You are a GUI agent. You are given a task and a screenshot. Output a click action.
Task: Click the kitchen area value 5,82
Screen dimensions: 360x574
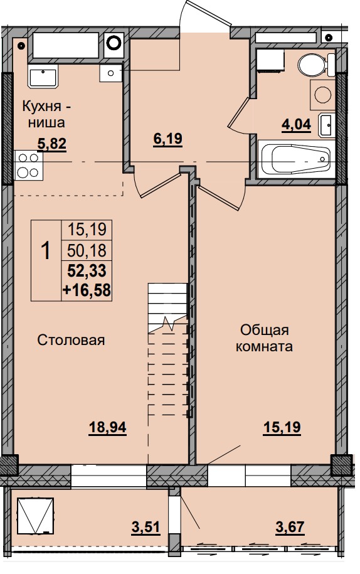click(x=52, y=144)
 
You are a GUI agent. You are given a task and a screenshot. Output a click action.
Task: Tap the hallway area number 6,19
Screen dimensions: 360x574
click(x=168, y=139)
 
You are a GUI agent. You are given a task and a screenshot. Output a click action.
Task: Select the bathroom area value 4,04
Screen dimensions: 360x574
click(x=296, y=124)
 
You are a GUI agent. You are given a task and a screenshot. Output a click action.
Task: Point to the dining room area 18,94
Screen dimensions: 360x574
click(x=108, y=427)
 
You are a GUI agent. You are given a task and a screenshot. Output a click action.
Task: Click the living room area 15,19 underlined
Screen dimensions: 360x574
click(x=282, y=427)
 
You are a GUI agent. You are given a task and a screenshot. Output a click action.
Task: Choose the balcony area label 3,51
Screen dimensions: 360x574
click(x=146, y=527)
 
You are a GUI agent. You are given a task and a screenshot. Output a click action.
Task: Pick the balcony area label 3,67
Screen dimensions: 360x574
click(x=290, y=527)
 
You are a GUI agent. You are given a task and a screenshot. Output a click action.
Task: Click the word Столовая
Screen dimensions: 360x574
click(x=71, y=340)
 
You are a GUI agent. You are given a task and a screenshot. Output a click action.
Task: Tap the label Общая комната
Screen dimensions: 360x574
click(x=264, y=338)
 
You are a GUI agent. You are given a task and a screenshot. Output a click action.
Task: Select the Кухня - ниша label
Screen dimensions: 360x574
click(x=46, y=114)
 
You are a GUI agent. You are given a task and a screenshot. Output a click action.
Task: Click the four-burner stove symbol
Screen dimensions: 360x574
click(x=29, y=165)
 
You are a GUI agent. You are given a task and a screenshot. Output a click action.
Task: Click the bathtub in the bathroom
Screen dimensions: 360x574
click(x=296, y=159)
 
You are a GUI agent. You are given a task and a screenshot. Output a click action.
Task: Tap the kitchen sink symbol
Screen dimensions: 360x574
click(x=43, y=77)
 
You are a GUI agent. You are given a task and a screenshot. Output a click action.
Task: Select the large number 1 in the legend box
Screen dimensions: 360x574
click(x=46, y=251)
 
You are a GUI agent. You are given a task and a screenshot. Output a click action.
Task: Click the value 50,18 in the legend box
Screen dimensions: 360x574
click(x=87, y=251)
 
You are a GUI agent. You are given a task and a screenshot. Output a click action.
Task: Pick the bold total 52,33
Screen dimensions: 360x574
click(x=87, y=271)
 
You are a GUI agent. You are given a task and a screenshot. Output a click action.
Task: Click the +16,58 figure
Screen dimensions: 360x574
click(x=87, y=290)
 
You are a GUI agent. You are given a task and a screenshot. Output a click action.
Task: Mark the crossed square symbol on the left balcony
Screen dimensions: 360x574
click(x=36, y=516)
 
